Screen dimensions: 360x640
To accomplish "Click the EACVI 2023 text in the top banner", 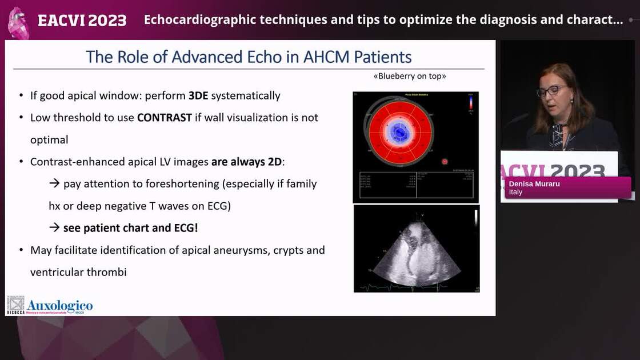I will (82, 20).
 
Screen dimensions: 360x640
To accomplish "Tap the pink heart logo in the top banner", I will (18, 23).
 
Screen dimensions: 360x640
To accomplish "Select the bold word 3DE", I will (198, 95).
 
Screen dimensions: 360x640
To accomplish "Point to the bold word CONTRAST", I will (164, 118).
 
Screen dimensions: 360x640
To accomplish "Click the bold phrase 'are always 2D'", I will (246, 162).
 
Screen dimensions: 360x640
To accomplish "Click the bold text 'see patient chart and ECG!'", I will (131, 227).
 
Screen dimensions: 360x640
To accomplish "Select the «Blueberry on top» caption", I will (409, 76).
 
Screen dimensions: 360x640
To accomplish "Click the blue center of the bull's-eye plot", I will (399, 133).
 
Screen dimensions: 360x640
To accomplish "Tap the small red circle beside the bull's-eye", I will (445, 162).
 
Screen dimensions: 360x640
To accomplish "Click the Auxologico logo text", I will (59, 306).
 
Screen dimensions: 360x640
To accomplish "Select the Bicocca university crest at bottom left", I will (15, 305).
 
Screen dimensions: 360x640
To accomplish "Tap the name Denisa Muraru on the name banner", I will (535, 184).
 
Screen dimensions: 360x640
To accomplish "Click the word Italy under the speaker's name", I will (516, 192).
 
